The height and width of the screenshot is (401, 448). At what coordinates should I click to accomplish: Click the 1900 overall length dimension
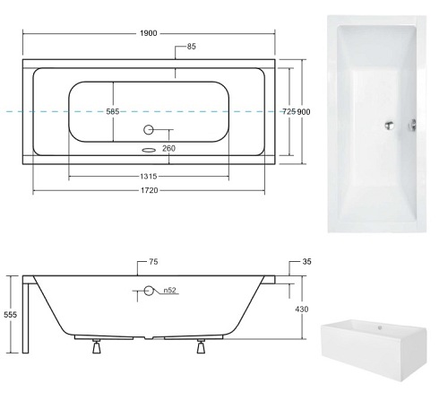tap(149, 33)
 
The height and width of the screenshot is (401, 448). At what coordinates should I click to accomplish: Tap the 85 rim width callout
tap(192, 47)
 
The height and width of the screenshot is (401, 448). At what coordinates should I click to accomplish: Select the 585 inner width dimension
tap(113, 111)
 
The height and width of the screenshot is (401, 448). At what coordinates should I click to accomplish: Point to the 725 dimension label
tap(289, 111)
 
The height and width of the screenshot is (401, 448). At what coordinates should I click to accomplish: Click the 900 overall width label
tap(304, 112)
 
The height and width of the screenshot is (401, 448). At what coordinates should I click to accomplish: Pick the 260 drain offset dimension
tap(168, 148)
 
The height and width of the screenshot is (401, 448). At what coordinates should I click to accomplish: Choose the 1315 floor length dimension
tap(149, 177)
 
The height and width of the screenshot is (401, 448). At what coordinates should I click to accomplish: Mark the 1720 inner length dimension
tap(150, 190)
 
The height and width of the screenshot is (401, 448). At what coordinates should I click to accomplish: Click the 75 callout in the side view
tap(153, 262)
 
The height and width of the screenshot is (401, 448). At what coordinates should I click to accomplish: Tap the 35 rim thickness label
tap(306, 262)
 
